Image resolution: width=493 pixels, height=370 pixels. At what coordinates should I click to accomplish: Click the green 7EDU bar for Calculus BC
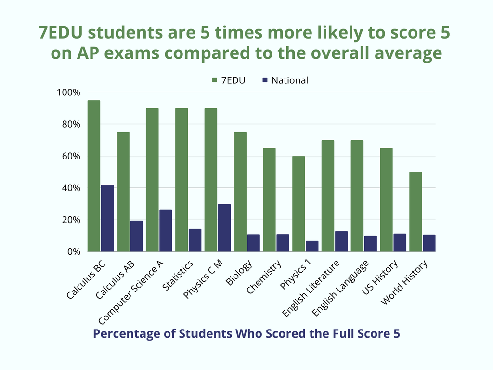click(x=93, y=176)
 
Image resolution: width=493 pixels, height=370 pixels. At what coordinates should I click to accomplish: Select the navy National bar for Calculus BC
click(x=107, y=218)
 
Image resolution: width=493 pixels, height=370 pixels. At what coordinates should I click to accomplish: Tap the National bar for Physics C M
click(x=224, y=228)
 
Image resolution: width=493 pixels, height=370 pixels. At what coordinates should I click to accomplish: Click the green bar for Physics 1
click(x=298, y=204)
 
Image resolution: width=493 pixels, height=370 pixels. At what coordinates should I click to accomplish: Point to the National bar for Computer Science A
click(x=166, y=231)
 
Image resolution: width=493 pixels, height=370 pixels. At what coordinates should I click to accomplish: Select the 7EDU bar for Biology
click(x=240, y=192)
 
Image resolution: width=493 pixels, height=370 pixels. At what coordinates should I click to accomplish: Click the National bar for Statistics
click(x=195, y=240)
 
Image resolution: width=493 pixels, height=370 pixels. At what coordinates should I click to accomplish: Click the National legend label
click(x=289, y=80)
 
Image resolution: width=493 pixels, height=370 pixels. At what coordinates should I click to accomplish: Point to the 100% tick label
click(x=70, y=92)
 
